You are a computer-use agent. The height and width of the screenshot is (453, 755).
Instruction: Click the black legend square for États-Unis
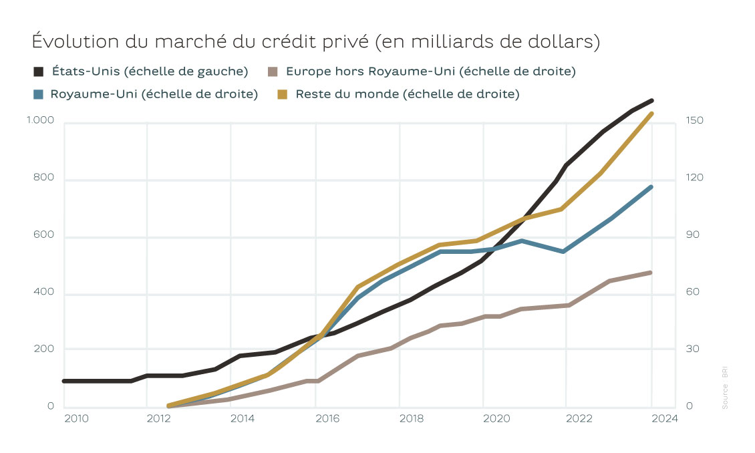point(39,71)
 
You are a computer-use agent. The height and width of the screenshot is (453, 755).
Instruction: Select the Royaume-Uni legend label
point(154,94)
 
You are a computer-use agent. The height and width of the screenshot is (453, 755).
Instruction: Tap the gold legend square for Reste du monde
point(283,94)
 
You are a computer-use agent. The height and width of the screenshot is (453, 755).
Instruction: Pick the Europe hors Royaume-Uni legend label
point(430,71)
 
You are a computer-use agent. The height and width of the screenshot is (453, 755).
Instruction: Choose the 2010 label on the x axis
point(75,419)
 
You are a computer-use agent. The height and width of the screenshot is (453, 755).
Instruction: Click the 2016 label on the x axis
point(327,419)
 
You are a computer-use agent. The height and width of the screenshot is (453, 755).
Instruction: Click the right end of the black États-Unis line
point(651,101)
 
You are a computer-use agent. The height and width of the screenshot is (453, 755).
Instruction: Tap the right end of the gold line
point(651,114)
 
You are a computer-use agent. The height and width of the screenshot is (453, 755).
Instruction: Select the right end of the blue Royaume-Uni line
point(651,187)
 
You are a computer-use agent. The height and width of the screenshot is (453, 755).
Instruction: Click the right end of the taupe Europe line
point(649,273)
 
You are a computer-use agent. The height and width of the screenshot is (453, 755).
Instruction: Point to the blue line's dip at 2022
point(565,251)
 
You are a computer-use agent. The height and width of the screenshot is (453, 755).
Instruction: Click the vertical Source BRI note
point(725,388)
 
